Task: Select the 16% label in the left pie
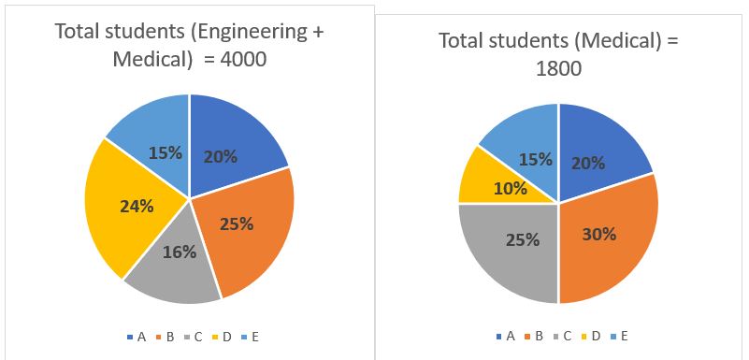[179, 252]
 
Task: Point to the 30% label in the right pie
[598, 234]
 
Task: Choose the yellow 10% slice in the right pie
[477, 182]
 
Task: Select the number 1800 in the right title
[558, 68]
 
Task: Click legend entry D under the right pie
[595, 336]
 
